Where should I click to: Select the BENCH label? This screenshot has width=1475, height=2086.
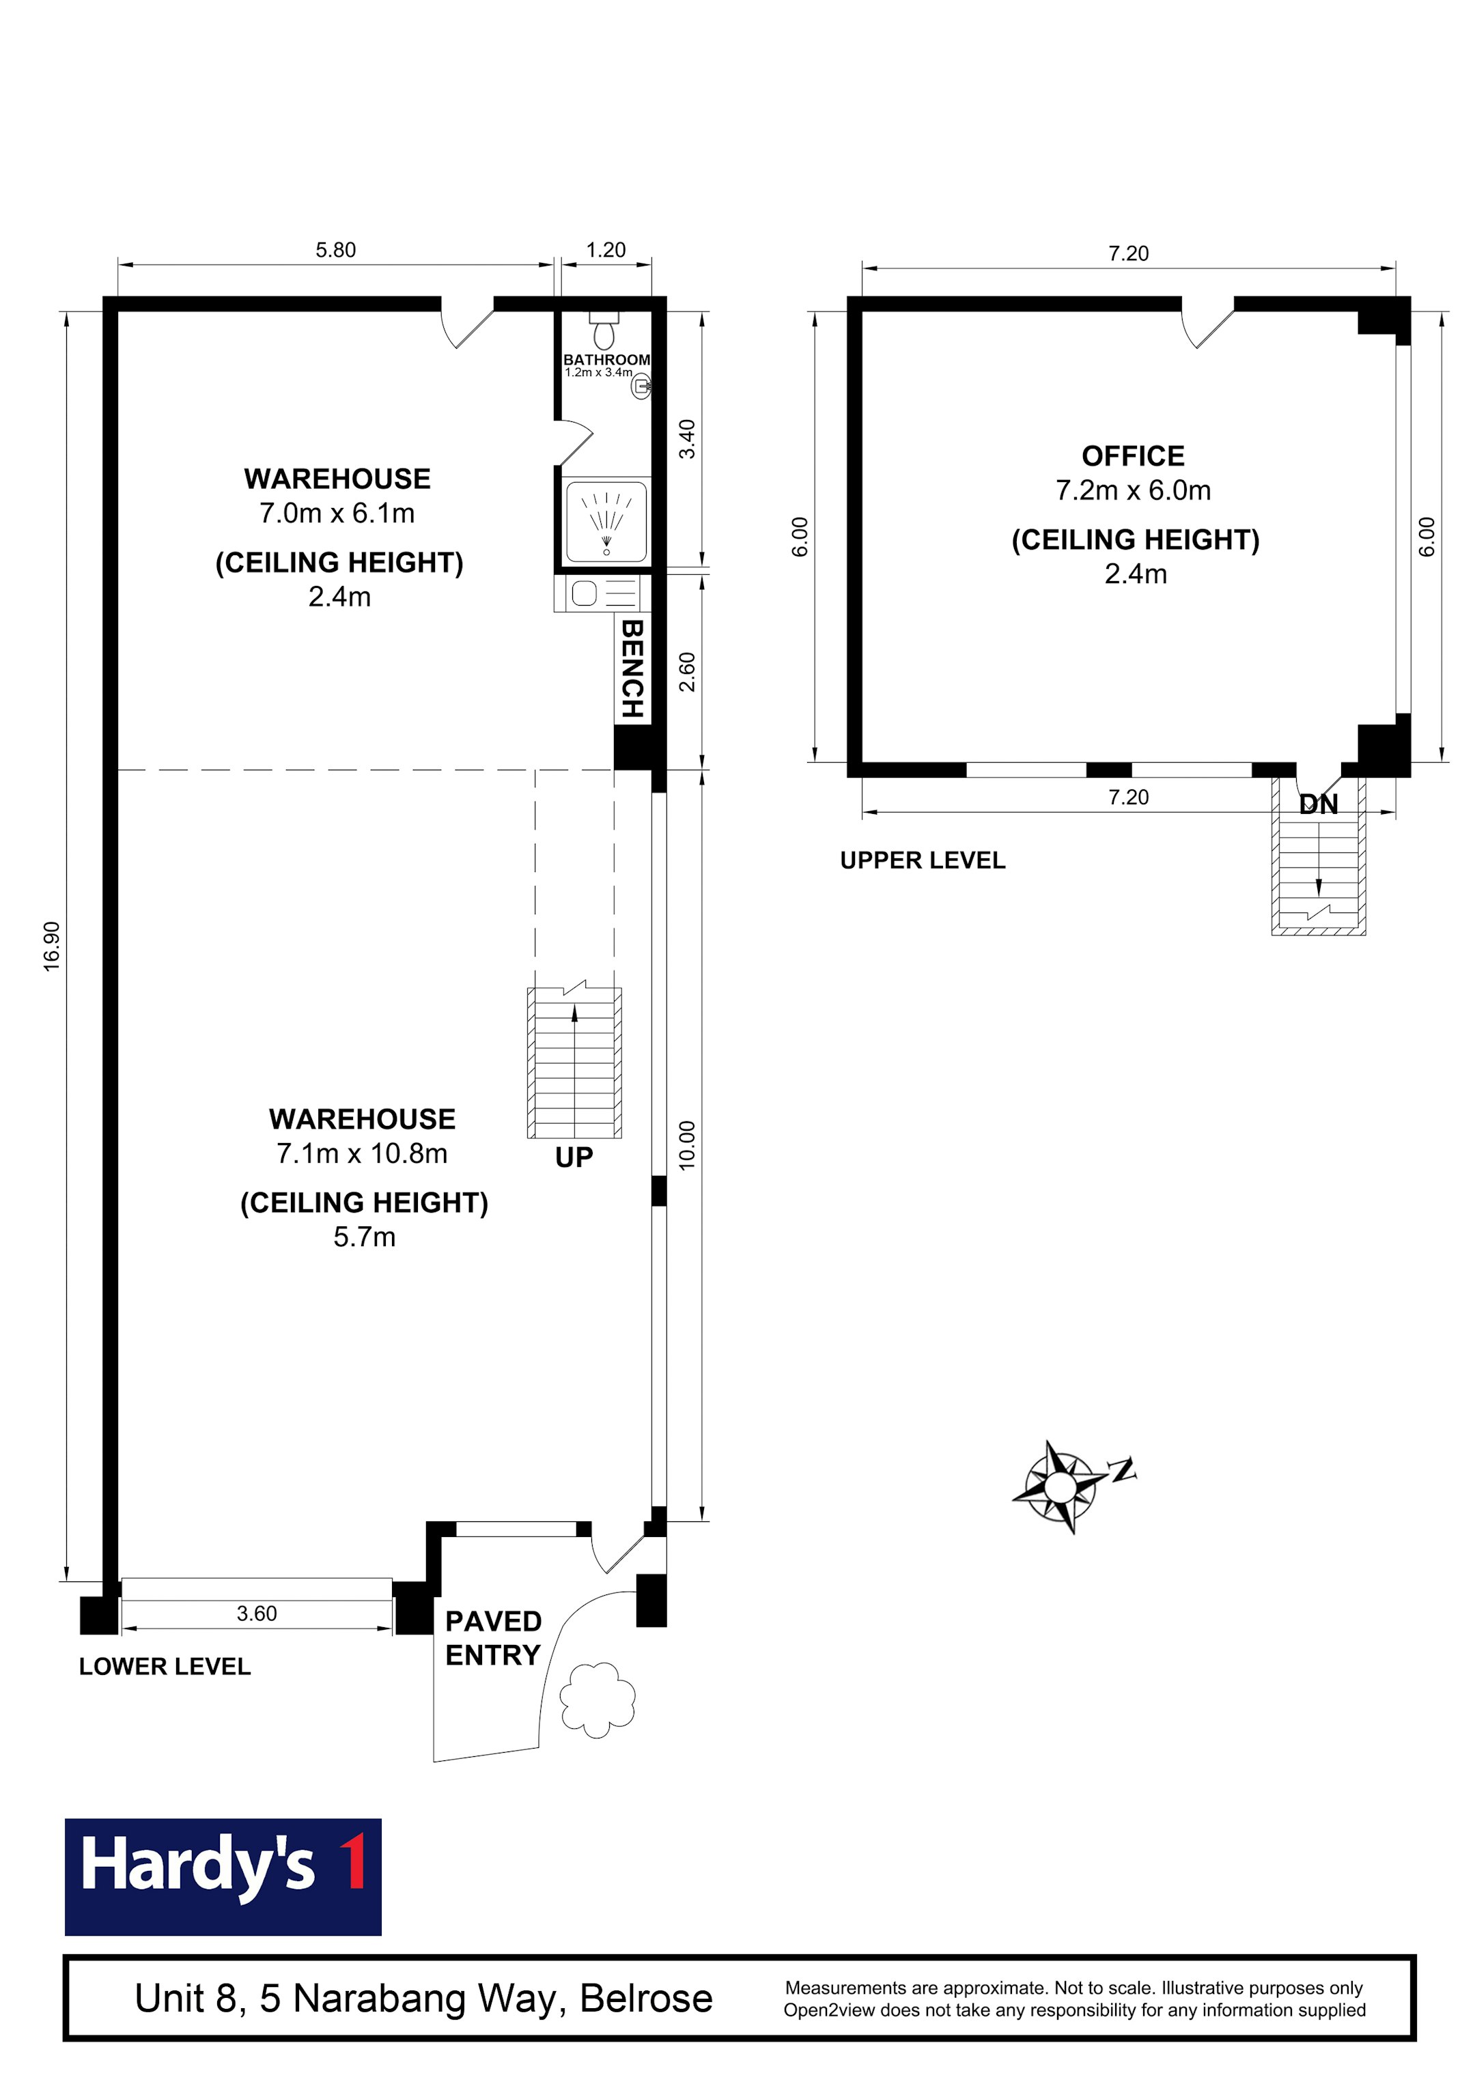632,668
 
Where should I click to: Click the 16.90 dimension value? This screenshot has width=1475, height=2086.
52,946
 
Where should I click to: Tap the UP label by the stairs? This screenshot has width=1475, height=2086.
574,1157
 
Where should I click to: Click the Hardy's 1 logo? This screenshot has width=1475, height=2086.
223,1876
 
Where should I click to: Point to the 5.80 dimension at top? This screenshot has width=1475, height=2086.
335,250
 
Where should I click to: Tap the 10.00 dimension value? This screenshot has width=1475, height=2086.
687,1145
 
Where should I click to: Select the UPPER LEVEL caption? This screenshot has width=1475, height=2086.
923,860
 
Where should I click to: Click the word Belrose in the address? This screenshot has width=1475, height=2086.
646,1998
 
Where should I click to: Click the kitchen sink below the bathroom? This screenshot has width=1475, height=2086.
585,593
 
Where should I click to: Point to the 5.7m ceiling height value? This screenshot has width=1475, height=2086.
365,1237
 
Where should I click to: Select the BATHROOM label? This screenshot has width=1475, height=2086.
606,360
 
